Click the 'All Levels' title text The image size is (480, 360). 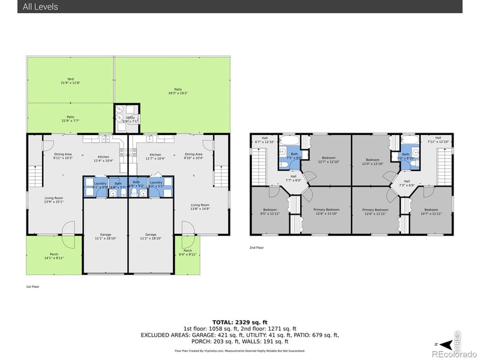tap(40, 7)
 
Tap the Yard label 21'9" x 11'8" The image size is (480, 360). tap(71, 81)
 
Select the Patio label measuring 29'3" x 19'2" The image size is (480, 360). tap(178, 91)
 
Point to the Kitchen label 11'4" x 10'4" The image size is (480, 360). tap(104, 158)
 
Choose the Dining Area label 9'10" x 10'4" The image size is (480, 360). tap(194, 155)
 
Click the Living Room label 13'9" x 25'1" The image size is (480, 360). tap(54, 200)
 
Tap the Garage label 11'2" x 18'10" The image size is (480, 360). tap(150, 236)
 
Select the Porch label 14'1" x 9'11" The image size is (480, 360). tap(54, 256)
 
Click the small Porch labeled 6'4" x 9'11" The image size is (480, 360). tap(188, 253)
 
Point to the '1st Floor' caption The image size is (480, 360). tap(32, 287)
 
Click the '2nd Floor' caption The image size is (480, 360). tap(256, 247)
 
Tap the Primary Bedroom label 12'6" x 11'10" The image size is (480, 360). tap(326, 211)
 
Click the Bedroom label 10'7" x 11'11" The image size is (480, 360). tap(431, 211)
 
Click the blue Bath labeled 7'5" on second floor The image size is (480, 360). tap(294, 155)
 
